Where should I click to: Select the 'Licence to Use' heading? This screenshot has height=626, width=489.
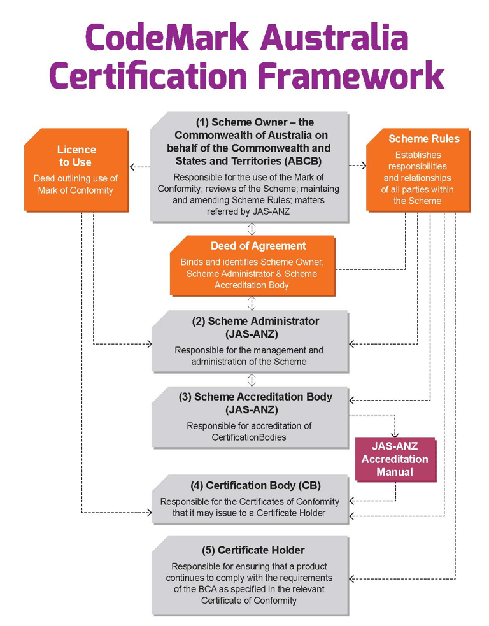tap(76, 156)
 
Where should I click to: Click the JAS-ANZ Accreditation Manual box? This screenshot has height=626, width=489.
tap(395, 459)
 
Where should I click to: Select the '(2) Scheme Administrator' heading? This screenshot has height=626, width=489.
tap(256, 321)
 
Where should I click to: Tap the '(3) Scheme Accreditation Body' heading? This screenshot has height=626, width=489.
tap(256, 397)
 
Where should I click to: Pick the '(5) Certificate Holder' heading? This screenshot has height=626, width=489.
tap(253, 550)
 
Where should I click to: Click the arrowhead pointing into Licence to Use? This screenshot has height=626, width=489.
tap(131, 167)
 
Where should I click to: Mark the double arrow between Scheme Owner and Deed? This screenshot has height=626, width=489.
tap(252, 229)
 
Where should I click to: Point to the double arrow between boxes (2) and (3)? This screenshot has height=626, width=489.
tap(252, 380)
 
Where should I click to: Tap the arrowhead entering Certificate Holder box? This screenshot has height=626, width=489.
tap(352, 578)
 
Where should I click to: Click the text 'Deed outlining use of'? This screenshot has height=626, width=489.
tap(76, 178)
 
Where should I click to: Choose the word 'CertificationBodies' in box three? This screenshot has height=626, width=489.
tap(249, 437)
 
